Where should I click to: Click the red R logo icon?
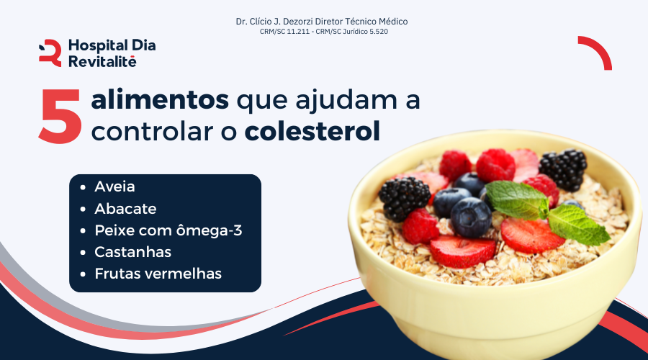[x=50, y=53]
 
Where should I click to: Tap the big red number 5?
[x=60, y=117]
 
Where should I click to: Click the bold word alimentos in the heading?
[x=160, y=99]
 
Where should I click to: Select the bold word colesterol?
[x=312, y=131]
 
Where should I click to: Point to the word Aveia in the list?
[x=115, y=186]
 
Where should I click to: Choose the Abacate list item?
[x=125, y=209]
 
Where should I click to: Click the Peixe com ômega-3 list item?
[x=168, y=230]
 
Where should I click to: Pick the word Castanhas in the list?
[x=132, y=252]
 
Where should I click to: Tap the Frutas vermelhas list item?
[x=158, y=274]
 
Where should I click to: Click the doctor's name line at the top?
[x=322, y=22]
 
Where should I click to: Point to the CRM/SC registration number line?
[x=323, y=32]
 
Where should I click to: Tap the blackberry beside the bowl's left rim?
[x=404, y=199]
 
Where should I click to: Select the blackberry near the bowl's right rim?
[x=563, y=168]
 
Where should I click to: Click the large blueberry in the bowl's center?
[x=471, y=217]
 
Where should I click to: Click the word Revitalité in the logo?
[x=102, y=62]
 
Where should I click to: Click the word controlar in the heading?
[x=153, y=132]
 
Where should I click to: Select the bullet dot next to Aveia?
[x=83, y=187]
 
